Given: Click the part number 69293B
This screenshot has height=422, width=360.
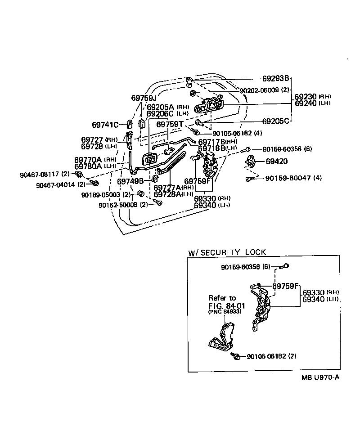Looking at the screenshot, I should point(276,78).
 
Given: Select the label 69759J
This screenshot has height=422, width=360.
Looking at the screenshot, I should point(143,98).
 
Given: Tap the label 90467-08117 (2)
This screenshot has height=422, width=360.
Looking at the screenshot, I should point(44,174).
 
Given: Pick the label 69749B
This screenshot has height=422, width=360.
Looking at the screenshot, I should point(130,181).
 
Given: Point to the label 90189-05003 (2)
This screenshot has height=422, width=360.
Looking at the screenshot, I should point(106,195).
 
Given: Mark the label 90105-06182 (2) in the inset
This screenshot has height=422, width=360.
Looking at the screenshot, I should point(271,356).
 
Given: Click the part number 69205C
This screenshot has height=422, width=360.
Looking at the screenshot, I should point(275,121).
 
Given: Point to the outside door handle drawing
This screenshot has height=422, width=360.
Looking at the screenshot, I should point(209,106).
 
